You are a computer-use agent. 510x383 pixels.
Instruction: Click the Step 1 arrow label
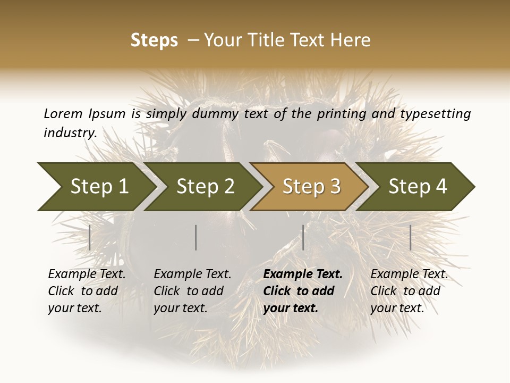click(99, 187)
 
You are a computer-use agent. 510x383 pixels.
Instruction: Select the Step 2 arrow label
click(206, 187)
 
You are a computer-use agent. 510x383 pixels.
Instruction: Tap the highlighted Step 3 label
click(311, 187)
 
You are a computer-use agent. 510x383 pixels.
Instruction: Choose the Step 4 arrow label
click(418, 187)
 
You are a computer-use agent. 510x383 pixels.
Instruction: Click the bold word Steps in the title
click(154, 40)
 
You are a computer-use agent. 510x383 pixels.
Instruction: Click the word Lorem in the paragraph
click(63, 114)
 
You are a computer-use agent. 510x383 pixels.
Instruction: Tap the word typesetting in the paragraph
click(435, 114)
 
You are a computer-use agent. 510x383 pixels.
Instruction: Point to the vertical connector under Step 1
click(90, 237)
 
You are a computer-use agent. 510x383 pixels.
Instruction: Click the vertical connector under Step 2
click(196, 237)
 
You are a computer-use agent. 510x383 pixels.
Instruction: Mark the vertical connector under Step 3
click(303, 237)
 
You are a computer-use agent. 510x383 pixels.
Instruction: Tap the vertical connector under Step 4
click(410, 237)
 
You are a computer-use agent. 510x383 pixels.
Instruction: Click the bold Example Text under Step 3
click(303, 274)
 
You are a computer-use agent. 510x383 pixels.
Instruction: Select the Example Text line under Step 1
click(87, 274)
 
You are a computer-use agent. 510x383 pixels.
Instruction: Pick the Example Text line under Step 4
click(409, 274)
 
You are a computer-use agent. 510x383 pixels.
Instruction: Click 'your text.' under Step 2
click(181, 308)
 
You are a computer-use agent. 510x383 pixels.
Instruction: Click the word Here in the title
click(351, 40)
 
